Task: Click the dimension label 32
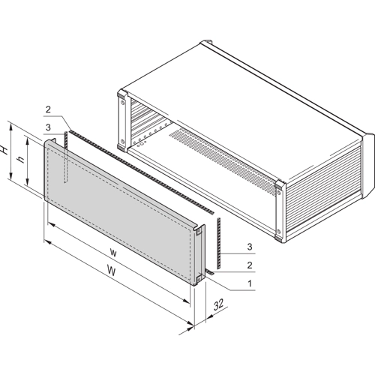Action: pos(218,304)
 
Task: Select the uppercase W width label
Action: pos(112,271)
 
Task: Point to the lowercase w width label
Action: pos(113,253)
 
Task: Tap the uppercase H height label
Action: pos(4,150)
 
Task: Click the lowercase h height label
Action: pos(22,159)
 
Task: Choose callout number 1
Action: pos(249,283)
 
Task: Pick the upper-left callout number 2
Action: pos(48,109)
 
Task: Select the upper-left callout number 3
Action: pos(48,127)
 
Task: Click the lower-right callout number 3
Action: pos(250,247)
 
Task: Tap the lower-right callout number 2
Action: pos(250,265)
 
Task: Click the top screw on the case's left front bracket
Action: pos(122,103)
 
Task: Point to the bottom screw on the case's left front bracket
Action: pos(122,141)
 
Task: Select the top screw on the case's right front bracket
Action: pos(279,192)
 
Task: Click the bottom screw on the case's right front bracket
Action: pos(279,231)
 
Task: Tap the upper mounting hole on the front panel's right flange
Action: pos(199,232)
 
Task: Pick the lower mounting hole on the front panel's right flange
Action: pos(199,278)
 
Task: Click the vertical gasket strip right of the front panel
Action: pos(219,243)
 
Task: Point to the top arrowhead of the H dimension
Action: pos(10,127)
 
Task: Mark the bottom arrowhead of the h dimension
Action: pos(28,181)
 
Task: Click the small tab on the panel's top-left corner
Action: pos(53,139)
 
